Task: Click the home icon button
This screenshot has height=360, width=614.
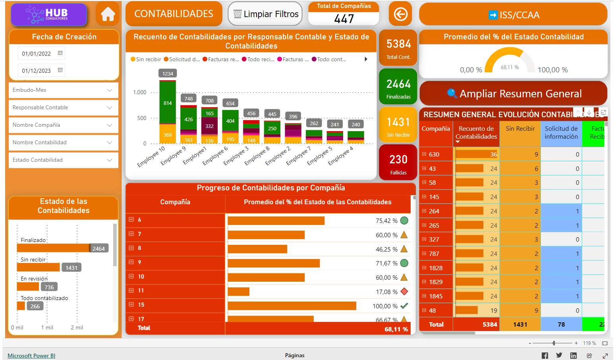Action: point(108,14)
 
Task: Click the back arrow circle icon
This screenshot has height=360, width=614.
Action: point(400,14)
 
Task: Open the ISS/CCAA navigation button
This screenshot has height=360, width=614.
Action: point(513,15)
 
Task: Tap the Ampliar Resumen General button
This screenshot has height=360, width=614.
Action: point(514,94)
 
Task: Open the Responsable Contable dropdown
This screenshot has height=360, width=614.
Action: point(64,108)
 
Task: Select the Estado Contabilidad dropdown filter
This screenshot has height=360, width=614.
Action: point(64,160)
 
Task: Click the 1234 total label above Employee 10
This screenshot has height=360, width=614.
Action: point(168,74)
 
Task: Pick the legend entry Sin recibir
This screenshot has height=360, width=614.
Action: point(146,60)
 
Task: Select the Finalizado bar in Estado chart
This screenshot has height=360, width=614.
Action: point(53,248)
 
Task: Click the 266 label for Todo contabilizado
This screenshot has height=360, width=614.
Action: point(35,306)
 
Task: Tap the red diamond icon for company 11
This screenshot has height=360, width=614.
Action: point(404,292)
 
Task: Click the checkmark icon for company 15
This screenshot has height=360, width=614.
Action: point(404,306)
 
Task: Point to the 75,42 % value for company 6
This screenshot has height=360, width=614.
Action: point(386,221)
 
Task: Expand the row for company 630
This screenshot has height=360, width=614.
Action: point(424,154)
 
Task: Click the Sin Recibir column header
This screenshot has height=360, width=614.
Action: point(520,129)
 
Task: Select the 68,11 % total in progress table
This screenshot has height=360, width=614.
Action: point(396,329)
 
